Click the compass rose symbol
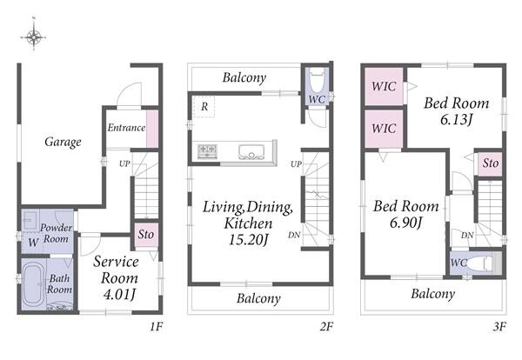33,37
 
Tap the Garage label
63,142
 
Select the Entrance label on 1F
126,128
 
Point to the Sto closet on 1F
146,235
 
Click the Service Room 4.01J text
117,277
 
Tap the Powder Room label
56,233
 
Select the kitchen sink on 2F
251,152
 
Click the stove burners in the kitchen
207,151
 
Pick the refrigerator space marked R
204,106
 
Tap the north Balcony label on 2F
244,78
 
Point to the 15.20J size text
248,239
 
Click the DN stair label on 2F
294,236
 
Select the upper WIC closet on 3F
384,86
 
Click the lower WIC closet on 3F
384,129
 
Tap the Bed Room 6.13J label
457,111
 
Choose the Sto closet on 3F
490,163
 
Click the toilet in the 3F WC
479,263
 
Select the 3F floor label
499,327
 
